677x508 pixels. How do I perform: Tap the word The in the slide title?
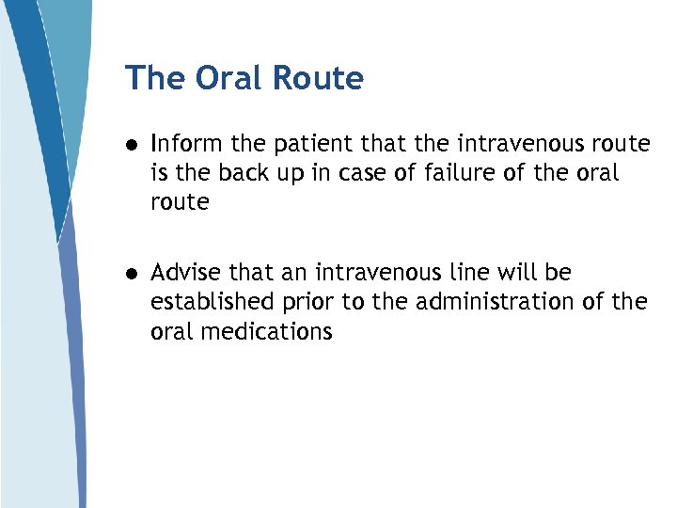click(156, 78)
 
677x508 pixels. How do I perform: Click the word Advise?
click(185, 273)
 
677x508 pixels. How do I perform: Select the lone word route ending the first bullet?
click(180, 202)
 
